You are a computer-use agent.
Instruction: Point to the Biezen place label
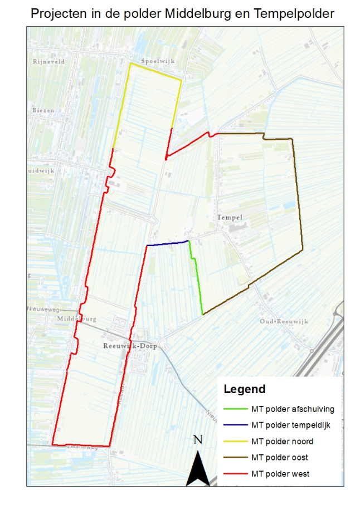coord(43,110)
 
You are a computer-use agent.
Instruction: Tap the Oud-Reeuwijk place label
coord(281,322)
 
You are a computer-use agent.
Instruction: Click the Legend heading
coord(244,389)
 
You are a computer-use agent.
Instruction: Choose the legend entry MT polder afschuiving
coord(293,409)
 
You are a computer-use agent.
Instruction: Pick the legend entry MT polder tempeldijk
coord(291,425)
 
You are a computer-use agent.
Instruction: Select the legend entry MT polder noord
coord(282,442)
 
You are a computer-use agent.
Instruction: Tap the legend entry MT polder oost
coord(280,458)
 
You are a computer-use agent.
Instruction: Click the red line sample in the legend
coord(235,474)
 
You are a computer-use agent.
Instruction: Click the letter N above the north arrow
coord(197,440)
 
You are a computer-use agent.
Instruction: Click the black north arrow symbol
coord(197,468)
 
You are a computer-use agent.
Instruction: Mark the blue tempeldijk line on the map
coord(167,243)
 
